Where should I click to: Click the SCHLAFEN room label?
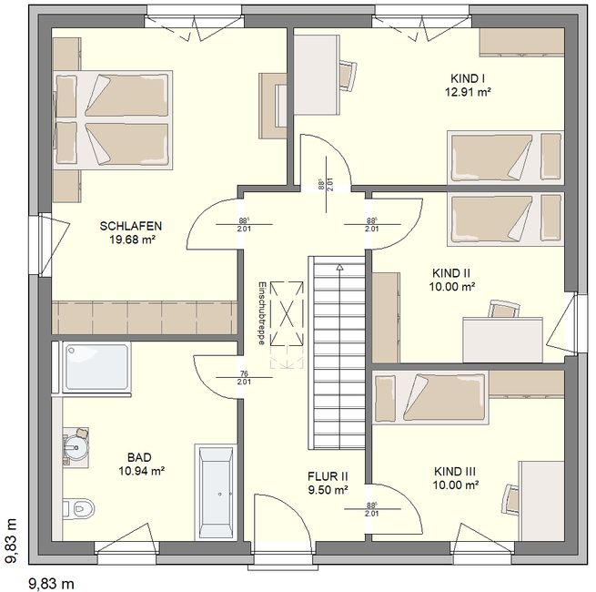tap(131, 226)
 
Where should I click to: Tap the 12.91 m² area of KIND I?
tap(468, 93)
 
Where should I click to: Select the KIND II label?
tap(451, 273)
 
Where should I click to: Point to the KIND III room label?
tap(455, 472)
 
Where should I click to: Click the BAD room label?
tap(139, 457)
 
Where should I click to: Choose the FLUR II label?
tap(328, 476)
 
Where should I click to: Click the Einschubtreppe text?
tap(261, 313)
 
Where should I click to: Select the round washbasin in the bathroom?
tap(76, 447)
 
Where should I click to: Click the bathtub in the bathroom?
tap(216, 492)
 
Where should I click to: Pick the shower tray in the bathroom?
tap(96, 367)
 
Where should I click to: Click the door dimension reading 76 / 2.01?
tap(244, 377)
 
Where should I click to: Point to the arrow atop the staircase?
tap(339, 267)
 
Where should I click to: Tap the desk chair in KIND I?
tap(348, 76)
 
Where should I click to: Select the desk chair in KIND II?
tap(504, 309)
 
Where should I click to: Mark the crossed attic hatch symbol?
tap(287, 313)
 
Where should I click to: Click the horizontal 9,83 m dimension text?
tap(51, 583)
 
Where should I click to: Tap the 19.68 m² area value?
tap(133, 240)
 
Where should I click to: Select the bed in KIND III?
tap(430, 398)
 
